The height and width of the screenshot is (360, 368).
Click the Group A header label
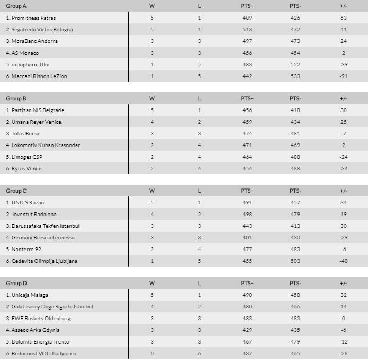[x=16, y=6]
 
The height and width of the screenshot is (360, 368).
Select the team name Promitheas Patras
[x=31, y=18]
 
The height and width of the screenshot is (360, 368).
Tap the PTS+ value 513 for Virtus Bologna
[x=247, y=29]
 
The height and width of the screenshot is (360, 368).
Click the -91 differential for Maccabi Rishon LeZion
[x=344, y=76]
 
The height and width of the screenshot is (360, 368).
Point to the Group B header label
[x=16, y=98]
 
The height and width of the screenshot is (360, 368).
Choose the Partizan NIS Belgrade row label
[x=34, y=110]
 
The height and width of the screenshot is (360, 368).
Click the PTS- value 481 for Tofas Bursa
[x=295, y=133]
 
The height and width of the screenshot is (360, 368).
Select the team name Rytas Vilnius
[x=24, y=168]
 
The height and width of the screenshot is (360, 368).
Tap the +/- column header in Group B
[x=344, y=98]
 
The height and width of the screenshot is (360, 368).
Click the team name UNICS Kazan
[x=24, y=202]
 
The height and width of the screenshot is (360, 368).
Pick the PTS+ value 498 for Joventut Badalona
[x=247, y=214]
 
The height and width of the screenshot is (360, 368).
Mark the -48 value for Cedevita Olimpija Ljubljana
[x=344, y=261]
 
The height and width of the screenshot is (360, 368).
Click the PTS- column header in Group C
[x=295, y=191]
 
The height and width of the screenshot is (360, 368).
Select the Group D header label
[x=16, y=283]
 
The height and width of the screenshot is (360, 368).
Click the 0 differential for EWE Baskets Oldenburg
[x=344, y=318]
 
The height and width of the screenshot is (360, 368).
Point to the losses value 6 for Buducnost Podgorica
[x=199, y=353]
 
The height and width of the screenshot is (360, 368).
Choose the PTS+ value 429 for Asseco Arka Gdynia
[x=247, y=330]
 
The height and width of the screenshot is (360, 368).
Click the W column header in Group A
[x=152, y=6]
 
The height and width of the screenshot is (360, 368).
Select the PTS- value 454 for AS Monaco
[x=295, y=53]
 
